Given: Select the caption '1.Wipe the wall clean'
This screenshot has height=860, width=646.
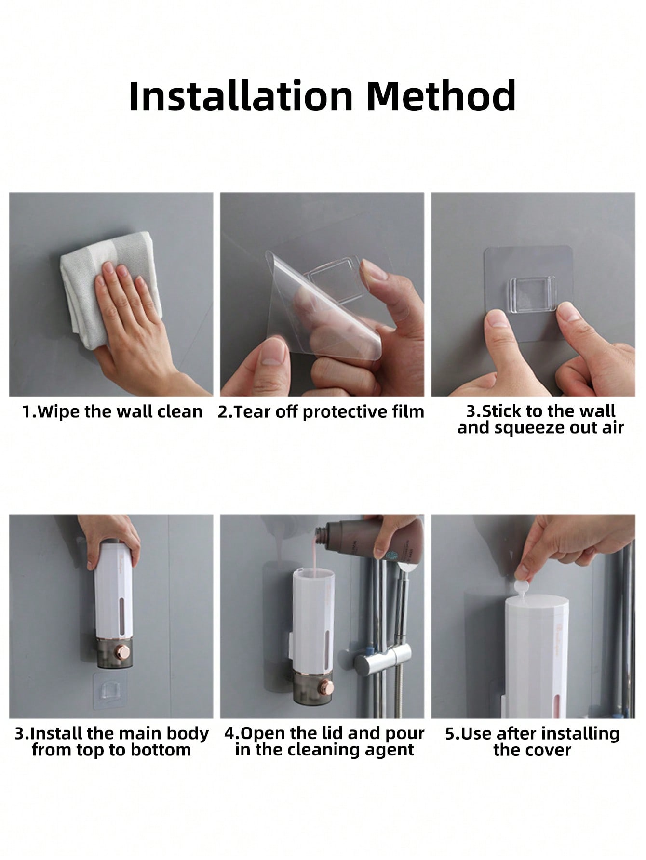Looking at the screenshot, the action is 112,412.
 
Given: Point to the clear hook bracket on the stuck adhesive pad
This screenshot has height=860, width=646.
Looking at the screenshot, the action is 533,294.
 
